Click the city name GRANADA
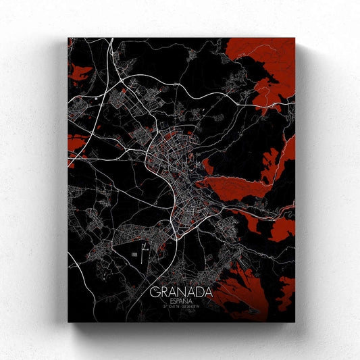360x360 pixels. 181,292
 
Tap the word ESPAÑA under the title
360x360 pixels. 181,302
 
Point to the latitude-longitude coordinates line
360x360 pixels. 181,309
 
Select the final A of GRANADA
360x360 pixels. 208,292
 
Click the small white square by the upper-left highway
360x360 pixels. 99,99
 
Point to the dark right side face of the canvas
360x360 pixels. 300,182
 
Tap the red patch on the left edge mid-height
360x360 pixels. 76,145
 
